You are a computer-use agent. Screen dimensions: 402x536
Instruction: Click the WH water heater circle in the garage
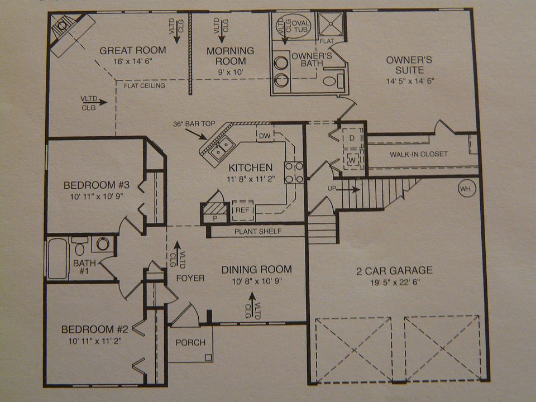pyautogui.click(x=466, y=189)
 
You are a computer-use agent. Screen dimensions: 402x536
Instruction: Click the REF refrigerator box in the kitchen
pyautogui.click(x=242, y=209)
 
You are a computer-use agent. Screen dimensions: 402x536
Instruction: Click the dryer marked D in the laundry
pyautogui.click(x=352, y=137)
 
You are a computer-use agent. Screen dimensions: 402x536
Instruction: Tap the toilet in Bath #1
pyautogui.click(x=81, y=246)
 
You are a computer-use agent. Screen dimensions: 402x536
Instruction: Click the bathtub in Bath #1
pyautogui.click(x=58, y=258)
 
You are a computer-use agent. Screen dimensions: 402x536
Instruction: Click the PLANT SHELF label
pyautogui.click(x=258, y=231)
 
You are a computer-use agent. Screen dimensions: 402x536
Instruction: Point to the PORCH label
pyautogui.click(x=190, y=342)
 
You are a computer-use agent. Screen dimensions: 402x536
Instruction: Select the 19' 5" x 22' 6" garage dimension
pyautogui.click(x=394, y=283)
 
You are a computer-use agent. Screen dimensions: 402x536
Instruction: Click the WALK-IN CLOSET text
pyautogui.click(x=418, y=154)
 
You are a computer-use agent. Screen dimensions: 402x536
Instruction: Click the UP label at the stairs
pyautogui.click(x=332, y=189)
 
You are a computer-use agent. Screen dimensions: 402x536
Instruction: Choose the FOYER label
pyautogui.click(x=190, y=277)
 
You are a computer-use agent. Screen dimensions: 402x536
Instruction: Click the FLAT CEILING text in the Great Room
pyautogui.click(x=144, y=86)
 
